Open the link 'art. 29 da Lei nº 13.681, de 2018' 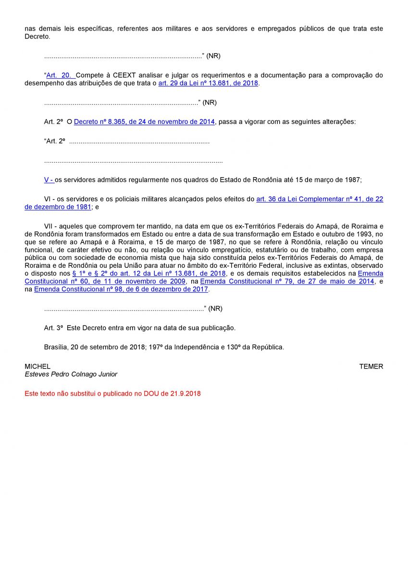pos(208,83)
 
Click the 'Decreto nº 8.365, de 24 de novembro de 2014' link pos(144,122)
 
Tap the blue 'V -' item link pos(49,180)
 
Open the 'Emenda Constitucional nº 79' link pos(287,281)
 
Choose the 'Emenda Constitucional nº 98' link pos(121,289)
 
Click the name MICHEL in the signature pos(37,366)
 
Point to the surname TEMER pos(371,366)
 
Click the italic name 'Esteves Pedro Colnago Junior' pos(71,374)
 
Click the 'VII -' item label pos(51,226)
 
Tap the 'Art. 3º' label pos(53,328)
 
